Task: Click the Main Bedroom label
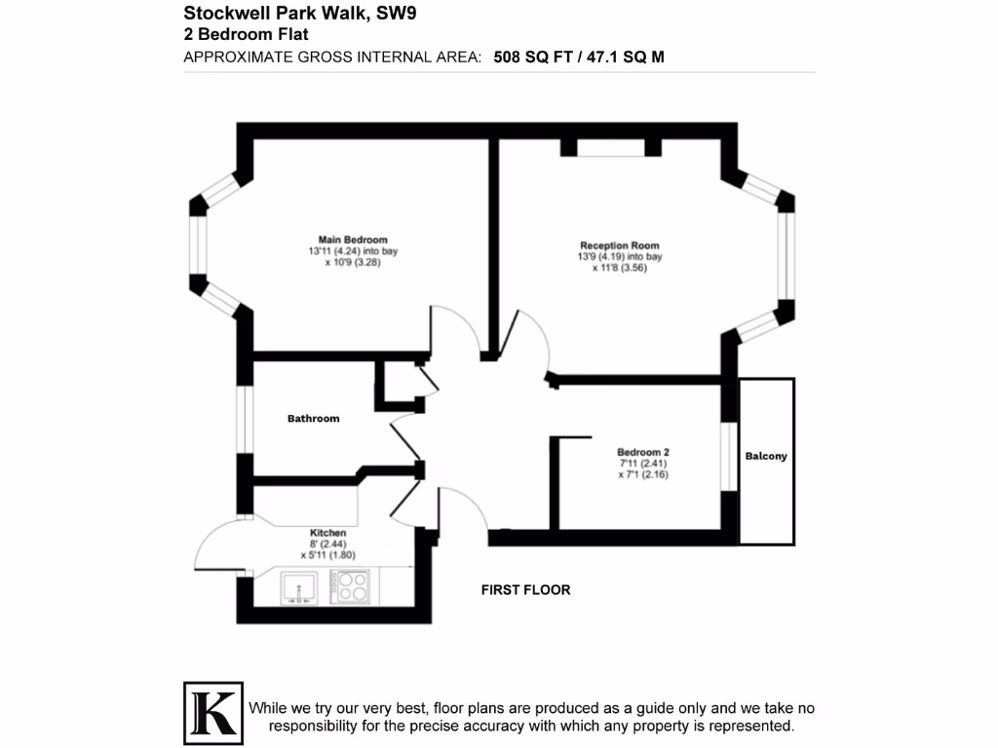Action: pos(352,240)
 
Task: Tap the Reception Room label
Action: pos(619,245)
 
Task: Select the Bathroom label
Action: pos(313,419)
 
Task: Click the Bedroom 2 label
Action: pos(642,452)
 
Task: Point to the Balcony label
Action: pos(766,456)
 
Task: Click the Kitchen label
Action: pos(327,533)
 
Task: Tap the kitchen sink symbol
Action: pos(300,587)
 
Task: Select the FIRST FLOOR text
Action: pos(525,590)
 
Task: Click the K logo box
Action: pos(212,709)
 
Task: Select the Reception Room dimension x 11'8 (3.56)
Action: pos(619,268)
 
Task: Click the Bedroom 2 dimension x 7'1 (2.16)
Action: pos(642,475)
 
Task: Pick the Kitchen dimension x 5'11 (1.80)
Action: pos(327,555)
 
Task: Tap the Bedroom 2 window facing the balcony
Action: pos(726,454)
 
